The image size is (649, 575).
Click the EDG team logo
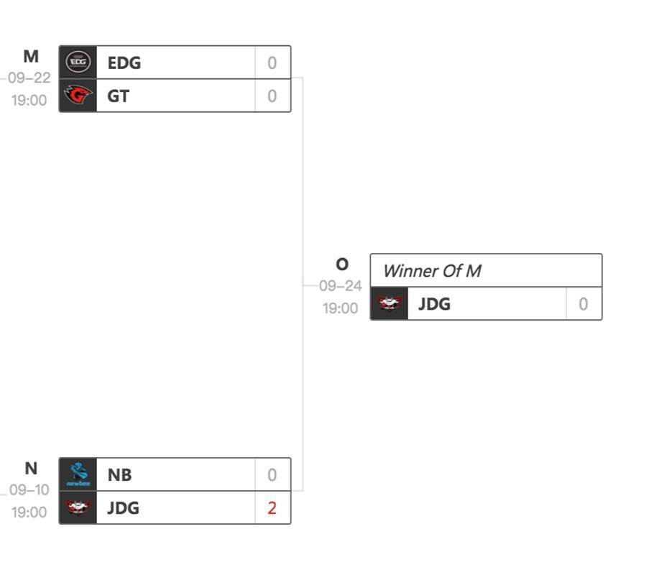[x=78, y=63]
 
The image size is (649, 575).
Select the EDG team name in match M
[x=124, y=63]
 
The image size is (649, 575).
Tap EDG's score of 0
[x=272, y=63]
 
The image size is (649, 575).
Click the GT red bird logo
[x=78, y=96]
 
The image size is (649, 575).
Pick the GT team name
[x=119, y=96]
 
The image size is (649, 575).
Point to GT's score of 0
[x=272, y=96]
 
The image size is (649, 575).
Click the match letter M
[x=31, y=56]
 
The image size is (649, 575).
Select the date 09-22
[x=29, y=78]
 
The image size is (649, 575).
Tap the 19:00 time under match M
[x=29, y=100]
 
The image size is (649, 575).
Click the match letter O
[x=342, y=264]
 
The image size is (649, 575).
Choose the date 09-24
[x=341, y=286]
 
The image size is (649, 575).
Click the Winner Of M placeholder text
[x=432, y=271]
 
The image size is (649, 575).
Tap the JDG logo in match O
[x=389, y=304]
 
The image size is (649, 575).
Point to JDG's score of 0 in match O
[x=583, y=304]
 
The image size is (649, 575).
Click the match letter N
[x=31, y=469]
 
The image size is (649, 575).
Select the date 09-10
[x=29, y=490]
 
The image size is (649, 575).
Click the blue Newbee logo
[x=78, y=474]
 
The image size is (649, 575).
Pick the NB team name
[x=120, y=475]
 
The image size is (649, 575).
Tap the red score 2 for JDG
[x=272, y=508]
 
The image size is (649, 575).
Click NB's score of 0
[x=272, y=475]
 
